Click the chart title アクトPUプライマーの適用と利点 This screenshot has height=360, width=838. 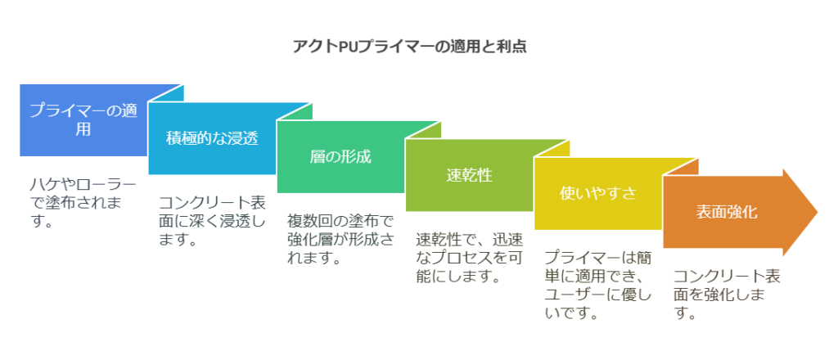410,47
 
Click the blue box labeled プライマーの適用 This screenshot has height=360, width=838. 83,120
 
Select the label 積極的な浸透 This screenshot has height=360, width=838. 212,138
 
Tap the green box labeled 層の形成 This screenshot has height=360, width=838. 340,157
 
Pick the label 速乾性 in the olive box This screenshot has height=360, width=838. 469,175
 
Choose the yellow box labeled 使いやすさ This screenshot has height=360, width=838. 598,194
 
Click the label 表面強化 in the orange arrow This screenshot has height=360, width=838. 727,212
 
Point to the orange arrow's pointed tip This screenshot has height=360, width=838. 818,212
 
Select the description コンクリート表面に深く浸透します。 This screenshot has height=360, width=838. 212,221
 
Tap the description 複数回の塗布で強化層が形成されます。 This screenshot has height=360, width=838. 341,240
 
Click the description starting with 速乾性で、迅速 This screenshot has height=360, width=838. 470,258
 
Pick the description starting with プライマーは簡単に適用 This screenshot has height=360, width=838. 598,286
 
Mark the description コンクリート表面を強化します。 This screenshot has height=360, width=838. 727,295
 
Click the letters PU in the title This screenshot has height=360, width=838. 347,47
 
